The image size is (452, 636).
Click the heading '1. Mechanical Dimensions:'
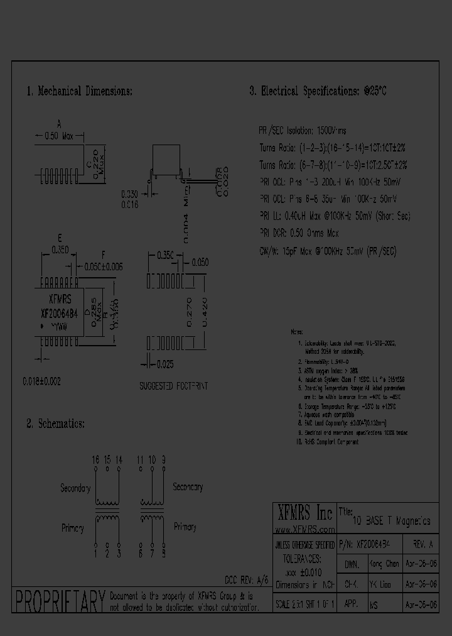79,91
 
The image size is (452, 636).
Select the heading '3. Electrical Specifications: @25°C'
318,91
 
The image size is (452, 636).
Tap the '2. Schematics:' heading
55,424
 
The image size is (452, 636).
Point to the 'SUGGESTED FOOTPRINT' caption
173,386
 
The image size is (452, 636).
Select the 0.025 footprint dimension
166,365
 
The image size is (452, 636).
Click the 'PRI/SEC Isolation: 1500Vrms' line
303,131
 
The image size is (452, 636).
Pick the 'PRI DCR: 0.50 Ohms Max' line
299,233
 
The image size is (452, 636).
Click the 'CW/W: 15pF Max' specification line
328,251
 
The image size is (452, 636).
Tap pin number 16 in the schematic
95,460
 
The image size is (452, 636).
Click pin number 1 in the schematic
95,553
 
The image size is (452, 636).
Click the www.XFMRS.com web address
303,530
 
